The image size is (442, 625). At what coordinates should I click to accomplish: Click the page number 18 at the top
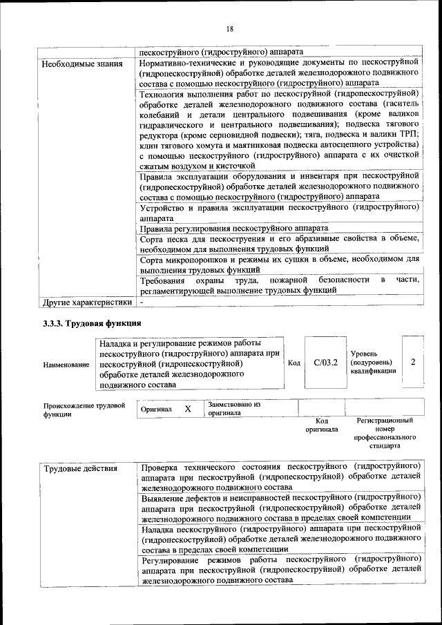point(229,28)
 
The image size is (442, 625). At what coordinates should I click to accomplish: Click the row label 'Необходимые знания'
point(82,64)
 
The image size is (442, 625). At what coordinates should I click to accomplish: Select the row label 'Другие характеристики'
point(86,302)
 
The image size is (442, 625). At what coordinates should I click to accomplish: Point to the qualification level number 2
point(412,362)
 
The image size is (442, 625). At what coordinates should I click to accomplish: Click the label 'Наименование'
point(66,364)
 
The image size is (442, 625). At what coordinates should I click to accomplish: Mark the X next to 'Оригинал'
point(187,409)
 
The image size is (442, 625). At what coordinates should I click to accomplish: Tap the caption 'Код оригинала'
point(322,425)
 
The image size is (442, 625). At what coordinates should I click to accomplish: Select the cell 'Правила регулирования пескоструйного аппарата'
point(233,228)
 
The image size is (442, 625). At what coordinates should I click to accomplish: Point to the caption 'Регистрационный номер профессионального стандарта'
point(385,433)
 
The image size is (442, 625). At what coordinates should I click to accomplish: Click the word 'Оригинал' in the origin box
point(155,410)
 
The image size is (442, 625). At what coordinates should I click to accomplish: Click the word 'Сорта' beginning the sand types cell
point(151,238)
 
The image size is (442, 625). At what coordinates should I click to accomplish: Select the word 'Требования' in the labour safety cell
point(162,280)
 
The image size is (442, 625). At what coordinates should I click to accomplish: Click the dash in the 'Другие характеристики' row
point(142,302)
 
